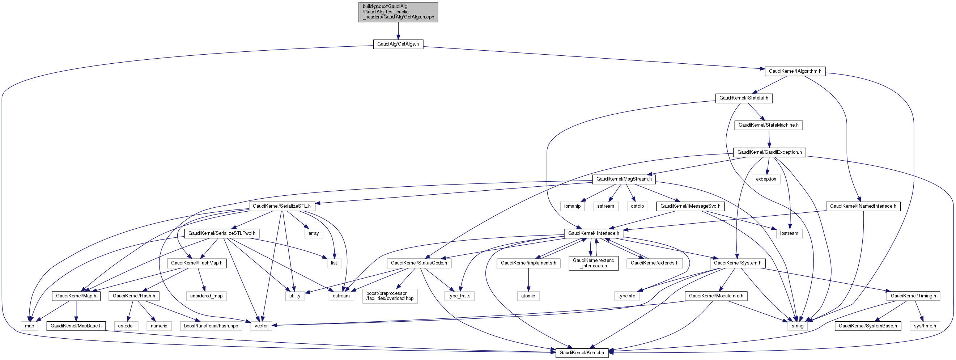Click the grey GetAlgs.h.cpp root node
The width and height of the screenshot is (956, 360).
point(398,12)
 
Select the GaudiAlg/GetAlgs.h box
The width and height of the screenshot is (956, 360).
point(398,44)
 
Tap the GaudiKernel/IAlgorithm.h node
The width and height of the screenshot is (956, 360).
point(795,71)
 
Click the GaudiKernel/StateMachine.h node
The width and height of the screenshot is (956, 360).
point(768,125)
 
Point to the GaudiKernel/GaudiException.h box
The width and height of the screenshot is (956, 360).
point(769,152)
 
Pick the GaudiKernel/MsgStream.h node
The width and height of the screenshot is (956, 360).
point(624,179)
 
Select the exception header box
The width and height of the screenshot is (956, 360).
point(766,179)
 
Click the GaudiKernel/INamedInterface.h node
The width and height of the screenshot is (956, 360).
point(863,206)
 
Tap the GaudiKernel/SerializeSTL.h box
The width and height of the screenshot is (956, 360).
point(282,206)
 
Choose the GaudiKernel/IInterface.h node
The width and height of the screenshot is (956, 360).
point(594,233)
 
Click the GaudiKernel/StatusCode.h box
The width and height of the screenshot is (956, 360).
point(419,263)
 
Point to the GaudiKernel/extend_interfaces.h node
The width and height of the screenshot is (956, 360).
point(594,263)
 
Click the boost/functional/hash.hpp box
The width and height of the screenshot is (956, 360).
point(211,326)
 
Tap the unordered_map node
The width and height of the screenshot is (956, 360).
point(206,296)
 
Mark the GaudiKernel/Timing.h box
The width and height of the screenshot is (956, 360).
point(913,296)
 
